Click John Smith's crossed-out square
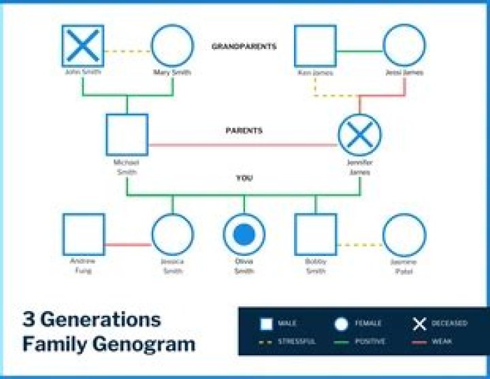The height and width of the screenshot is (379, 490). coord(83,46)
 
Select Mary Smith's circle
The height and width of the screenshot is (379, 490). coord(172,46)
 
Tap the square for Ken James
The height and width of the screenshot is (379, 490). coord(315,46)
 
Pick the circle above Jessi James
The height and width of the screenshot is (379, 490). coord(404,46)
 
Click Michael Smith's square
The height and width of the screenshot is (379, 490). coord(127,135)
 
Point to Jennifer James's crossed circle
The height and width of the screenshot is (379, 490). coord(359,135)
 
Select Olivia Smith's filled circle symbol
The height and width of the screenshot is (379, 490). coord(244,235)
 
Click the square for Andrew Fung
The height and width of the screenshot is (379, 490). coord(83,235)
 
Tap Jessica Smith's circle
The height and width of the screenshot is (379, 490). coord(172,235)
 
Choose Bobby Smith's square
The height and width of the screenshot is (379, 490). coord(315,235)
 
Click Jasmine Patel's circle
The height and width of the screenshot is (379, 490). coord(404,235)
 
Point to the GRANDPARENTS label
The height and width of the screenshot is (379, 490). coord(244,47)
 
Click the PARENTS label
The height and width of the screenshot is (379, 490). coord(244,130)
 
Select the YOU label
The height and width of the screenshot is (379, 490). coord(244,178)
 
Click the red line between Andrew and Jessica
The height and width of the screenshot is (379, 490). coord(127,244)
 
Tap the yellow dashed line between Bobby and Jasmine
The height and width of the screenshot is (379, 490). coord(359,244)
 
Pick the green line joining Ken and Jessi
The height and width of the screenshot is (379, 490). coord(359,50)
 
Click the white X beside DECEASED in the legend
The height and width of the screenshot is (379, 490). coord(420,323)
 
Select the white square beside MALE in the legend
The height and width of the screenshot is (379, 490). coord(267,324)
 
